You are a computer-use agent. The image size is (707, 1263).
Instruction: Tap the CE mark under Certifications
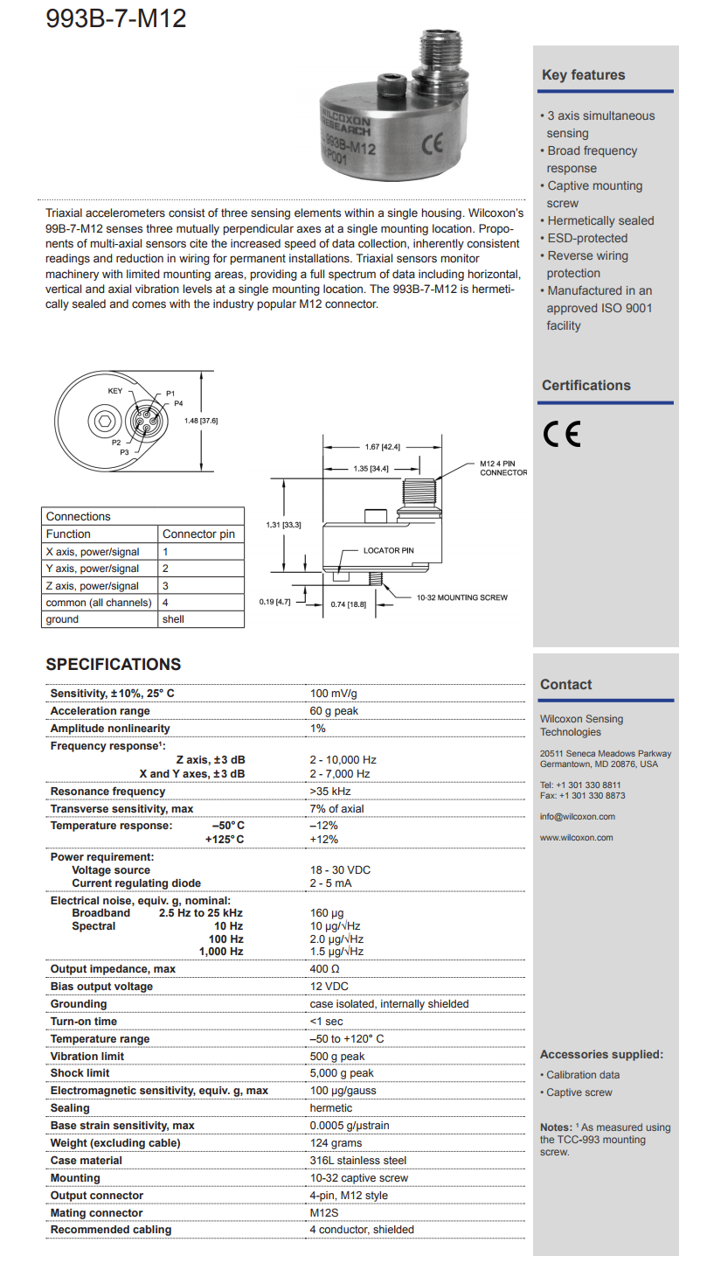tap(561, 434)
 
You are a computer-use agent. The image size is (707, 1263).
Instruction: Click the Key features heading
tap(583, 75)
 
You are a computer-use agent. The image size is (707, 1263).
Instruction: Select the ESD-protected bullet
tap(587, 238)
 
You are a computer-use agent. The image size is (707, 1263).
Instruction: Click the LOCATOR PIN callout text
tap(388, 550)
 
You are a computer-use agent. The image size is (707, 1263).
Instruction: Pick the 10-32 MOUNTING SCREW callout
tap(461, 597)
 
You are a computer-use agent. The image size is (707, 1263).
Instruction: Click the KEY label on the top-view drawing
tap(114, 390)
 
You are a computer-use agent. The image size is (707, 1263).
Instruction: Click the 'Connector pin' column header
tap(198, 534)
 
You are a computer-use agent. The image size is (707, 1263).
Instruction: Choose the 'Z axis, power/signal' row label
tap(93, 585)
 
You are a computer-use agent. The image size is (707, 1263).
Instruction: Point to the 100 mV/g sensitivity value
tap(334, 694)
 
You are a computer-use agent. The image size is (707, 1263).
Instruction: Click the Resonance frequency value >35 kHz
tap(330, 792)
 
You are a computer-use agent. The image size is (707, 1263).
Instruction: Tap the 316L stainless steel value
tap(358, 1161)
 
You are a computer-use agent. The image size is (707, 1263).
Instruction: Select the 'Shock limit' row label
tap(80, 1073)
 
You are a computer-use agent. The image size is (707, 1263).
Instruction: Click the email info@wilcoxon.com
tap(577, 817)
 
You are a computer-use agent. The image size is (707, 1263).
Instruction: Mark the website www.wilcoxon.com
tap(576, 837)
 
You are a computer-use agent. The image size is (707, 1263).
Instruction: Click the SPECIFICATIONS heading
tap(114, 665)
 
